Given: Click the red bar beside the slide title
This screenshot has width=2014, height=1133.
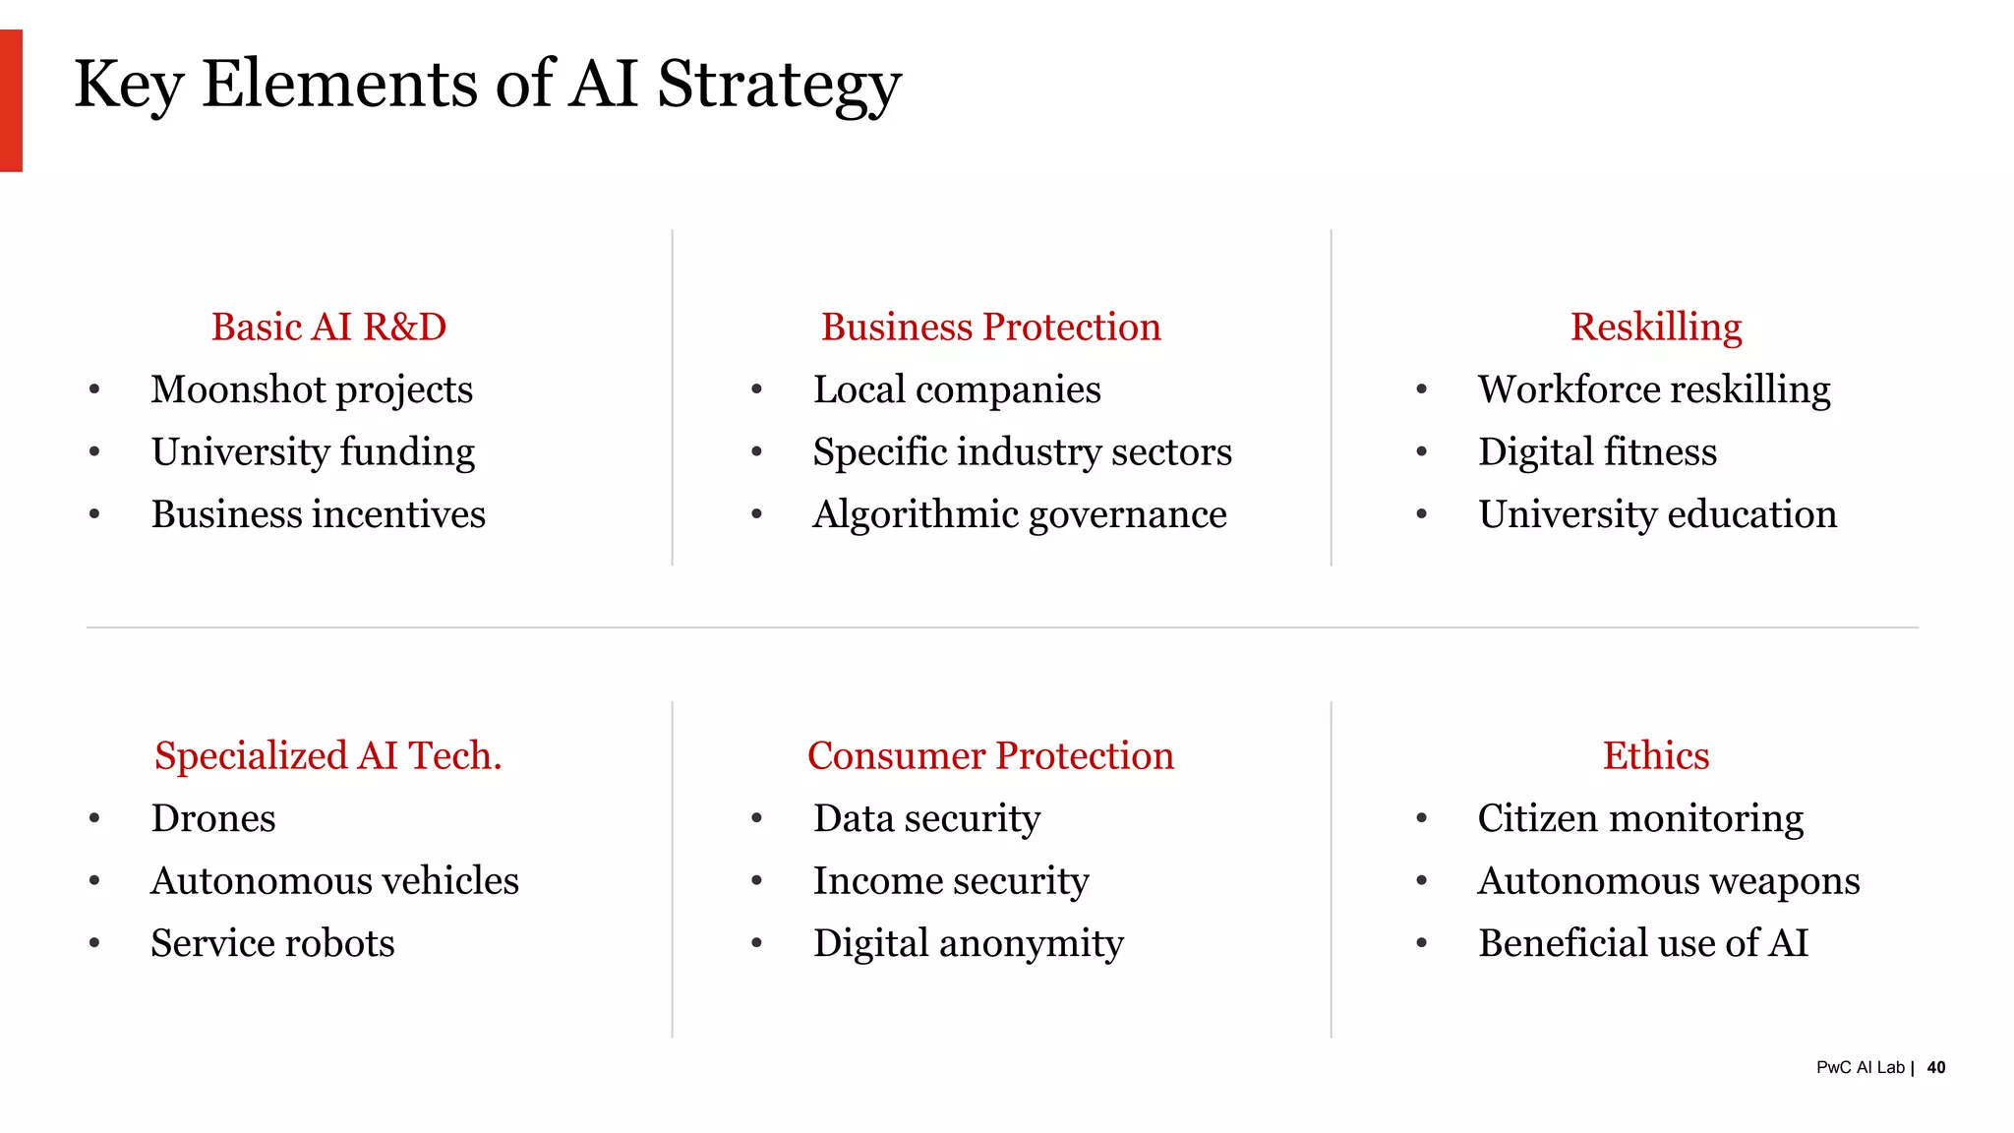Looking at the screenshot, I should tap(11, 100).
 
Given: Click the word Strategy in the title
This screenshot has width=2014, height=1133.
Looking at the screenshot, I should tap(778, 85).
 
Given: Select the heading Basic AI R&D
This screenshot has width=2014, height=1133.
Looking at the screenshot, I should tap(328, 327).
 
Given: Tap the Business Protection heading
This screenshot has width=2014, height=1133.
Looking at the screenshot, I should tap(991, 327).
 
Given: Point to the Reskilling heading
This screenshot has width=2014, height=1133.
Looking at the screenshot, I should tap(1656, 327).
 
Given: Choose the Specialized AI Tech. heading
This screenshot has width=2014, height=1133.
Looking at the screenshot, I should tap(328, 755).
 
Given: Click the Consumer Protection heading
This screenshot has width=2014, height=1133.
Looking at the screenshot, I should tap(991, 755).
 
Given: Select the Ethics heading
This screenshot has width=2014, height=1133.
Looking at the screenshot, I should tap(1656, 755).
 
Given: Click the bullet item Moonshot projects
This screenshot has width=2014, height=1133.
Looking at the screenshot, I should tap(312, 389).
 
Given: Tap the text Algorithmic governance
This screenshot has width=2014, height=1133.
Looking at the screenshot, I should tap(1020, 514).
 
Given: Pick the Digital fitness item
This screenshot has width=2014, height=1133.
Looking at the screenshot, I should tap(1597, 452).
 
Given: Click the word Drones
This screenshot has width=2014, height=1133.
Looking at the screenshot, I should tap(213, 818).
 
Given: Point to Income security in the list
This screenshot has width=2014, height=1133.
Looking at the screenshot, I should tap(951, 881).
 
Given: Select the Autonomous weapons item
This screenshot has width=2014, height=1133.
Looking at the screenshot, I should tap(1669, 881).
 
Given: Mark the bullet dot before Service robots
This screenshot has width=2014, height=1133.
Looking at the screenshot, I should tap(94, 943).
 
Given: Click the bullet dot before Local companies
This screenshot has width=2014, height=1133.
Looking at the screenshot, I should tap(756, 389).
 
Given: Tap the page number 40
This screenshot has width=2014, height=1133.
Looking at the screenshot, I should tap(1936, 1067).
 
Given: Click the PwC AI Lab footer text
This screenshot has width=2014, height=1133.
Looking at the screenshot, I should tap(1860, 1067).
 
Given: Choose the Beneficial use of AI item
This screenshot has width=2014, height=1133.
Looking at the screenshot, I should tap(1643, 943).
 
